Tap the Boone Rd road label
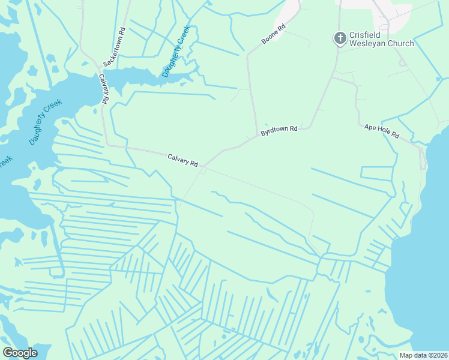[273, 34]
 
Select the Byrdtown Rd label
[279, 130]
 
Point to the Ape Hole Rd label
[382, 131]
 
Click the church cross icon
[339, 38]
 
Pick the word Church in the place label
[400, 44]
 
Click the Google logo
[20, 353]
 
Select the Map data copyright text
[423, 355]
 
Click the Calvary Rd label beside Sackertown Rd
[104, 89]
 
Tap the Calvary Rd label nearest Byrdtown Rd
[182, 160]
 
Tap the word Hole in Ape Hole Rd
[382, 131]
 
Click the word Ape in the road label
[370, 127]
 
